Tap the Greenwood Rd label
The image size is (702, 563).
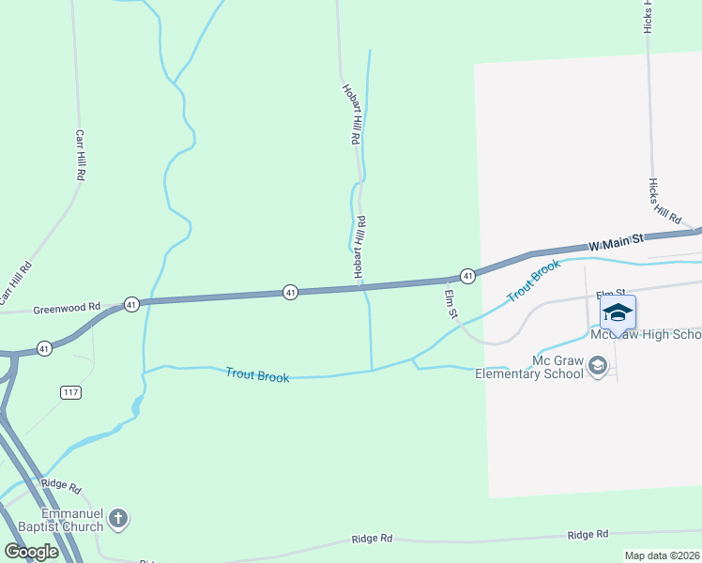pos(67,308)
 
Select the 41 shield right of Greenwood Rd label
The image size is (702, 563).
pos(131,304)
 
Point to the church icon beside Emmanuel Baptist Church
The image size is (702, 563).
pos(118,518)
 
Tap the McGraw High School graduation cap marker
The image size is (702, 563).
pos(618,312)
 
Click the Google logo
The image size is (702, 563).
pos(31,552)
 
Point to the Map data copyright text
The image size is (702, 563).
pos(662,556)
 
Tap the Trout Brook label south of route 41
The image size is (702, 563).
pos(257,374)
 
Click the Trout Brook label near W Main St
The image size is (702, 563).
pos(533,281)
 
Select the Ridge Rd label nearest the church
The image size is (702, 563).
pos(63,488)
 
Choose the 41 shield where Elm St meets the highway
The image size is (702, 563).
pos(466,275)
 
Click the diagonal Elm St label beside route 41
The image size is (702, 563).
pos(450,303)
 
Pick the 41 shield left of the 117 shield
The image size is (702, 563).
pos(43,348)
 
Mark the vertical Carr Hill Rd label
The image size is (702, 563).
pos(81,156)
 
